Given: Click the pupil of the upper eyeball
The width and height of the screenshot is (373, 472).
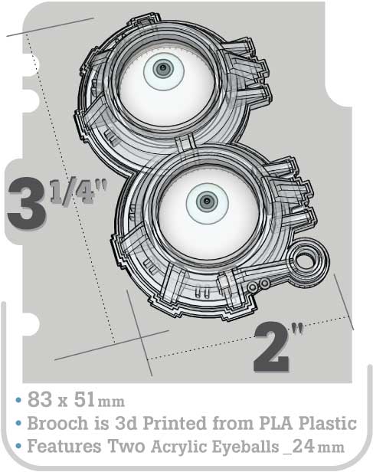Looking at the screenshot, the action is coord(163,68).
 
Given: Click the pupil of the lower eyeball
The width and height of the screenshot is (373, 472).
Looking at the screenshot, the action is coord(207,201).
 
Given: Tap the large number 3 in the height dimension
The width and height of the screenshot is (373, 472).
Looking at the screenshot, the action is coord(27,203).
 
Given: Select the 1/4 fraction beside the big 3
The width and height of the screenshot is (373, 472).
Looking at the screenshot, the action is coord(79,192).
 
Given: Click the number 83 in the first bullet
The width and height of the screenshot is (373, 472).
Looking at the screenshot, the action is coord(39,400).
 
